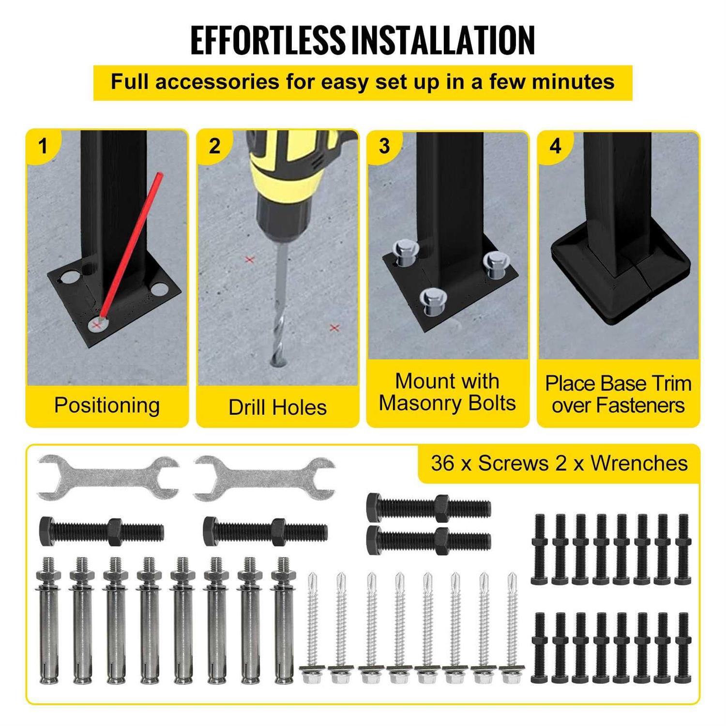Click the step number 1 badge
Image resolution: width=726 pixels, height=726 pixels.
43,146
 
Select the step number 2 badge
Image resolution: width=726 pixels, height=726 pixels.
214,146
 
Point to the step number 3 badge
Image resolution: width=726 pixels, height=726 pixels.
385,146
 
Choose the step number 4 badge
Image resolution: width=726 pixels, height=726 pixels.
555,146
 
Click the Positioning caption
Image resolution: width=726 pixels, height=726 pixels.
107,406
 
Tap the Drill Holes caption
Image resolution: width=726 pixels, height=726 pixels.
278,408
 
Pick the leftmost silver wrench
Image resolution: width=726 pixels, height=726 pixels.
108,478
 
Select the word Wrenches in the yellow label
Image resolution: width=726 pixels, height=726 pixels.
639,464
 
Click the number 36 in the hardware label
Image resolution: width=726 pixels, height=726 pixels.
443,464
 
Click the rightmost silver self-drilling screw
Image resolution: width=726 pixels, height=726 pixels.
512,628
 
